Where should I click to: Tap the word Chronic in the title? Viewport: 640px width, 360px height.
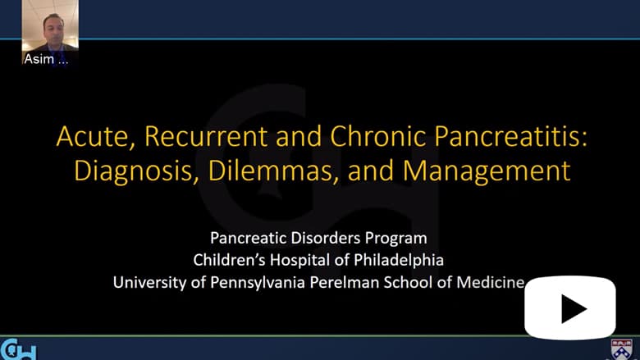[x=378, y=136]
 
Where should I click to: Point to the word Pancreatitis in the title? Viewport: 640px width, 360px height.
[x=510, y=136]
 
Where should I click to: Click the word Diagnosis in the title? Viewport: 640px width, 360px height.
[x=133, y=171]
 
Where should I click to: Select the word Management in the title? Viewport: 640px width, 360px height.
[x=486, y=171]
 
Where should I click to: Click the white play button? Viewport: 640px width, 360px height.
[x=569, y=308]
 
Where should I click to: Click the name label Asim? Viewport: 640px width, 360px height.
[x=39, y=59]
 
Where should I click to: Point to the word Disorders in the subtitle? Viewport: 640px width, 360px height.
[x=326, y=238]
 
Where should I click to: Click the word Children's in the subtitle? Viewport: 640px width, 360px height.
[x=230, y=260]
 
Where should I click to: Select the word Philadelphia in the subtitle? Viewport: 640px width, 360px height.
[x=399, y=260]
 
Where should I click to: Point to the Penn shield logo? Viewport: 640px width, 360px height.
[x=621, y=349]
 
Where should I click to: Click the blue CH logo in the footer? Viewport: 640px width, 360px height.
[x=18, y=349]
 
